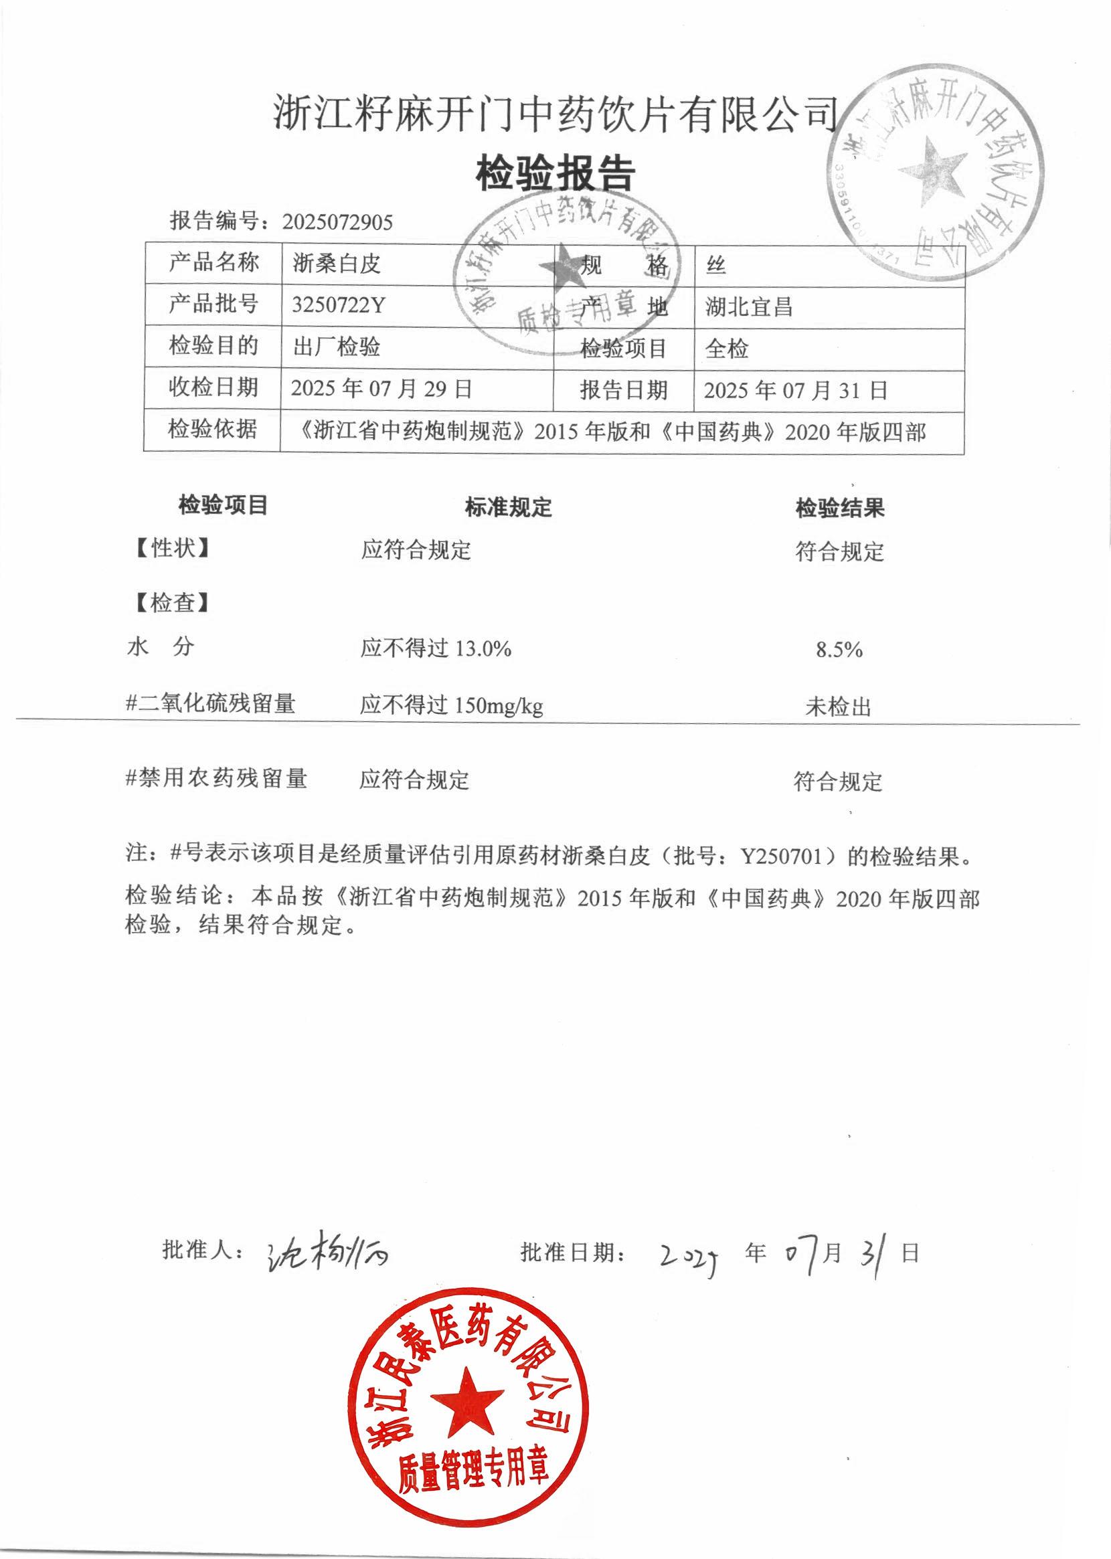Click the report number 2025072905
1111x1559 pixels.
(x=337, y=222)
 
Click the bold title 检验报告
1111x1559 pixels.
(x=555, y=173)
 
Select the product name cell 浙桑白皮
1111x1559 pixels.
(x=337, y=264)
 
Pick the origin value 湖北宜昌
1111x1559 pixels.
(x=749, y=307)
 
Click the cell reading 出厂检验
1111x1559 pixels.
(x=337, y=347)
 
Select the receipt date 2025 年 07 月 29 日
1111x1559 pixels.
(x=381, y=389)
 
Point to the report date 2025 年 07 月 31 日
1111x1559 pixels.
(x=796, y=391)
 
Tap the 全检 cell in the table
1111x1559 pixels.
(x=727, y=349)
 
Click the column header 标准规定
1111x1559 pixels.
(x=508, y=507)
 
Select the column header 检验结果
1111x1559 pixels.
(x=839, y=509)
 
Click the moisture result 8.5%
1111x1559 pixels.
(x=839, y=650)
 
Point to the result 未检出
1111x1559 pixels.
(x=838, y=707)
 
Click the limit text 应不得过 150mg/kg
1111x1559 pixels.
(x=452, y=705)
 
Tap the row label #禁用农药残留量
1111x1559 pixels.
(x=216, y=778)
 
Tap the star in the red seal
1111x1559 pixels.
(x=467, y=1402)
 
